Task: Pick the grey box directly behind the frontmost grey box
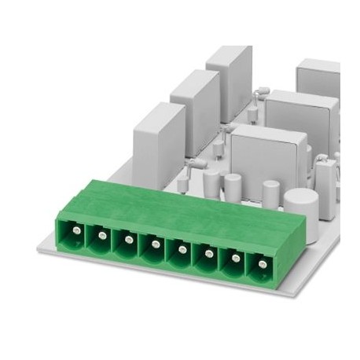coord(295,114)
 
